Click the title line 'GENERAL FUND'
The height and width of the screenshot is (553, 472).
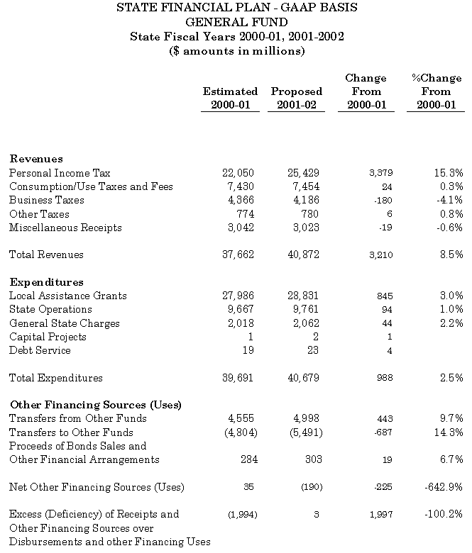click(x=236, y=22)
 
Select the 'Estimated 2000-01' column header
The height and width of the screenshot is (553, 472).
click(x=230, y=98)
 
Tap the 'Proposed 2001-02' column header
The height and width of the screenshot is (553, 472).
click(x=296, y=98)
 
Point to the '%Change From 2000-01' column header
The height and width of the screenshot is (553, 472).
click(x=436, y=91)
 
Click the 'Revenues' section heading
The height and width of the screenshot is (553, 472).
click(x=36, y=159)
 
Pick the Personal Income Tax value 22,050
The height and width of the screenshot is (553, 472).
click(x=238, y=173)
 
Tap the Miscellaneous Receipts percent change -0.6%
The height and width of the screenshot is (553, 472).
click(x=449, y=228)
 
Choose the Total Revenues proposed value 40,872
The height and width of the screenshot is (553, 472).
click(x=303, y=255)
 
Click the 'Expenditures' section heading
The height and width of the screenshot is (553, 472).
click(x=46, y=282)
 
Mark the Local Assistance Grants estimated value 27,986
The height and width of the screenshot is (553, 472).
click(x=238, y=296)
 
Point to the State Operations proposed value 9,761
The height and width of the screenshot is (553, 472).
click(x=306, y=309)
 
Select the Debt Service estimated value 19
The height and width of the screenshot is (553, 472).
click(x=248, y=350)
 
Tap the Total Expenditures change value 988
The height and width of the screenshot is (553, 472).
click(x=384, y=378)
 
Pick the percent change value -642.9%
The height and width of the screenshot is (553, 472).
click(x=444, y=487)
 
